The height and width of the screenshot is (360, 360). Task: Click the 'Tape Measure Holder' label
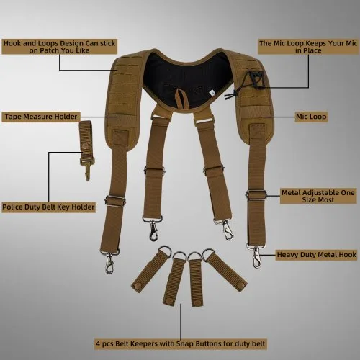pos(41,117)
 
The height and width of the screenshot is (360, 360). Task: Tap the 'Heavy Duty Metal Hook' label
pos(316,255)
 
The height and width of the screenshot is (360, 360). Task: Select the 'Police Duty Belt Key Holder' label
pos(48,207)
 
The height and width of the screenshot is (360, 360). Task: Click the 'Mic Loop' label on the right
pos(311,117)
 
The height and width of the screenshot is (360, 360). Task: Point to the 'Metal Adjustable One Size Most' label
pos(318,196)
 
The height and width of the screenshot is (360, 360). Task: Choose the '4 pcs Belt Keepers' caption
pos(181,343)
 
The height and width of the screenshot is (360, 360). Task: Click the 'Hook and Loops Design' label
pos(60,47)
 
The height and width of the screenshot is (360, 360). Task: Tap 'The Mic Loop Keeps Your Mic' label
pos(308,47)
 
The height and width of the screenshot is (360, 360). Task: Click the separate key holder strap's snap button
pos(85,146)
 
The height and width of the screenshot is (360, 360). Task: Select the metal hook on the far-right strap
pos(256,258)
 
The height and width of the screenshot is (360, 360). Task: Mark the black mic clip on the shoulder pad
pos(257,79)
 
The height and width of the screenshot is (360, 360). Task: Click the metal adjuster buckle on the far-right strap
pos(256,194)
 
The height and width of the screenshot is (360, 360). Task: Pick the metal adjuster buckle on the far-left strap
pos(115,201)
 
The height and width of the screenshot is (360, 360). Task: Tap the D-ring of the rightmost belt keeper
pos(209,253)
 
